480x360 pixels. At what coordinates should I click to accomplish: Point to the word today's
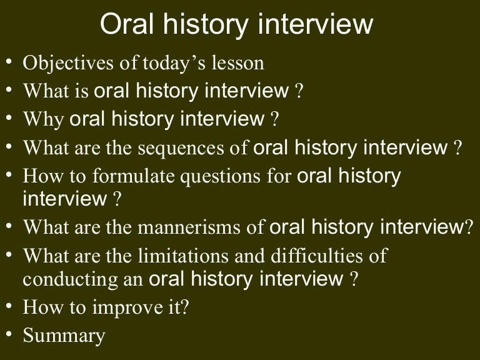[173, 63]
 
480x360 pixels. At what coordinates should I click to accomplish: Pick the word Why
[43, 119]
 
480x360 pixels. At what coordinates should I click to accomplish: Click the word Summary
[64, 336]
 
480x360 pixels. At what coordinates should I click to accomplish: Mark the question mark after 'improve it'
[184, 308]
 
